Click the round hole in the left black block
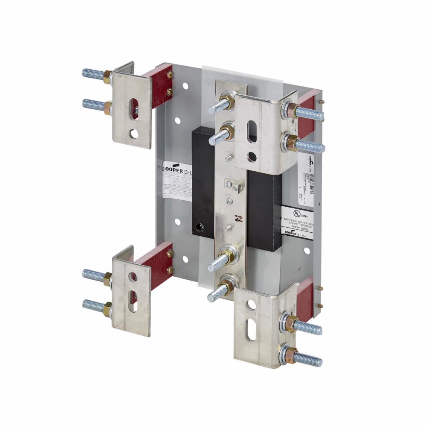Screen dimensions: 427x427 click(198, 226)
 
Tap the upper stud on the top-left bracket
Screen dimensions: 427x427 click(93, 74)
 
